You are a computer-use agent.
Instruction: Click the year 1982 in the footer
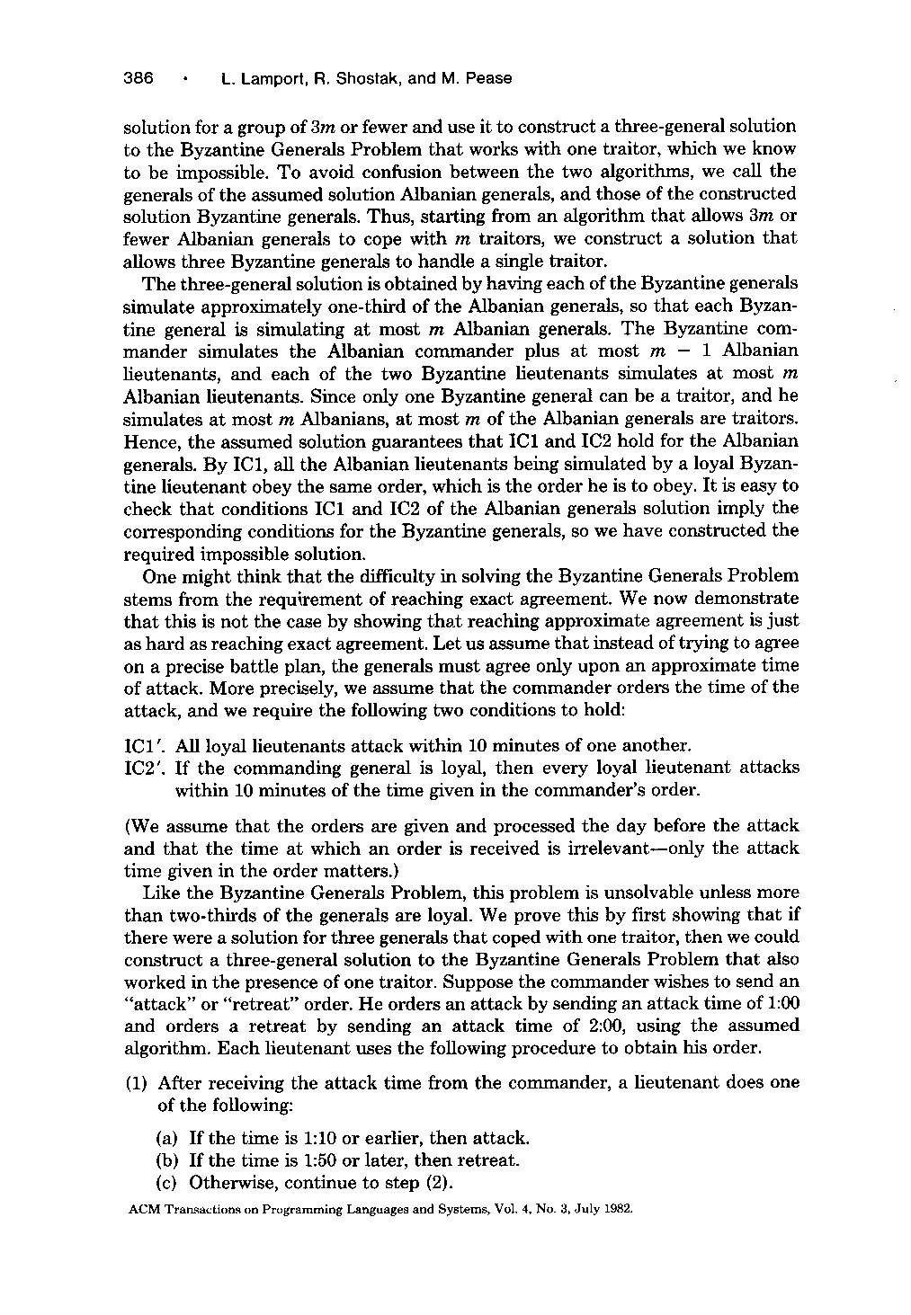point(619,1210)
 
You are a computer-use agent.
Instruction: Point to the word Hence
point(146,442)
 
